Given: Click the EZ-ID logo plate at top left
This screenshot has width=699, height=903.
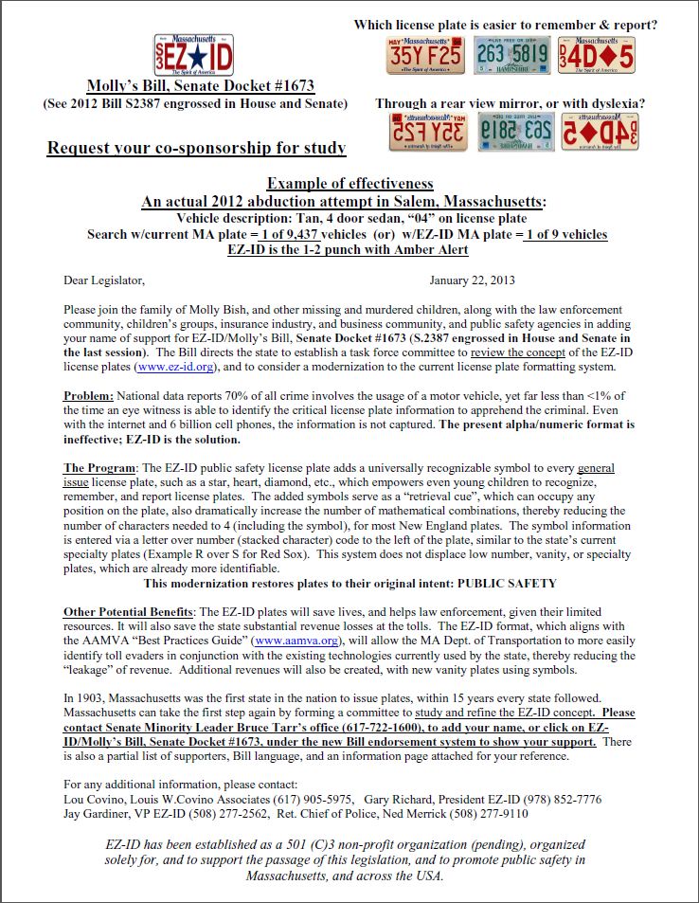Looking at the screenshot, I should pos(193,56).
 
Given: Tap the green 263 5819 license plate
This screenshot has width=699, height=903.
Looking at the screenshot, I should pos(511,56).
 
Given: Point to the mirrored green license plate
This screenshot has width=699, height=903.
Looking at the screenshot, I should pos(511,133).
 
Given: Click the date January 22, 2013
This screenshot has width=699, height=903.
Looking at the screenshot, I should pos(472,280).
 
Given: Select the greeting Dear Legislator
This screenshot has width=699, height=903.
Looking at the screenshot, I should pos(104,280).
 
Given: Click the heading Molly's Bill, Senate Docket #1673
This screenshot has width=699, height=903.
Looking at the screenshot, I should pos(200,86).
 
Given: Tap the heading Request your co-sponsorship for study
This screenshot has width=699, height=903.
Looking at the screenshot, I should pos(196,148).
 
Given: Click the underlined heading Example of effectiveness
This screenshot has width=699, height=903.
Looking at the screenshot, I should pos(349,184).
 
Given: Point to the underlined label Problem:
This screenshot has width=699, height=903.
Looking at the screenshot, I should pos(89,395).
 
